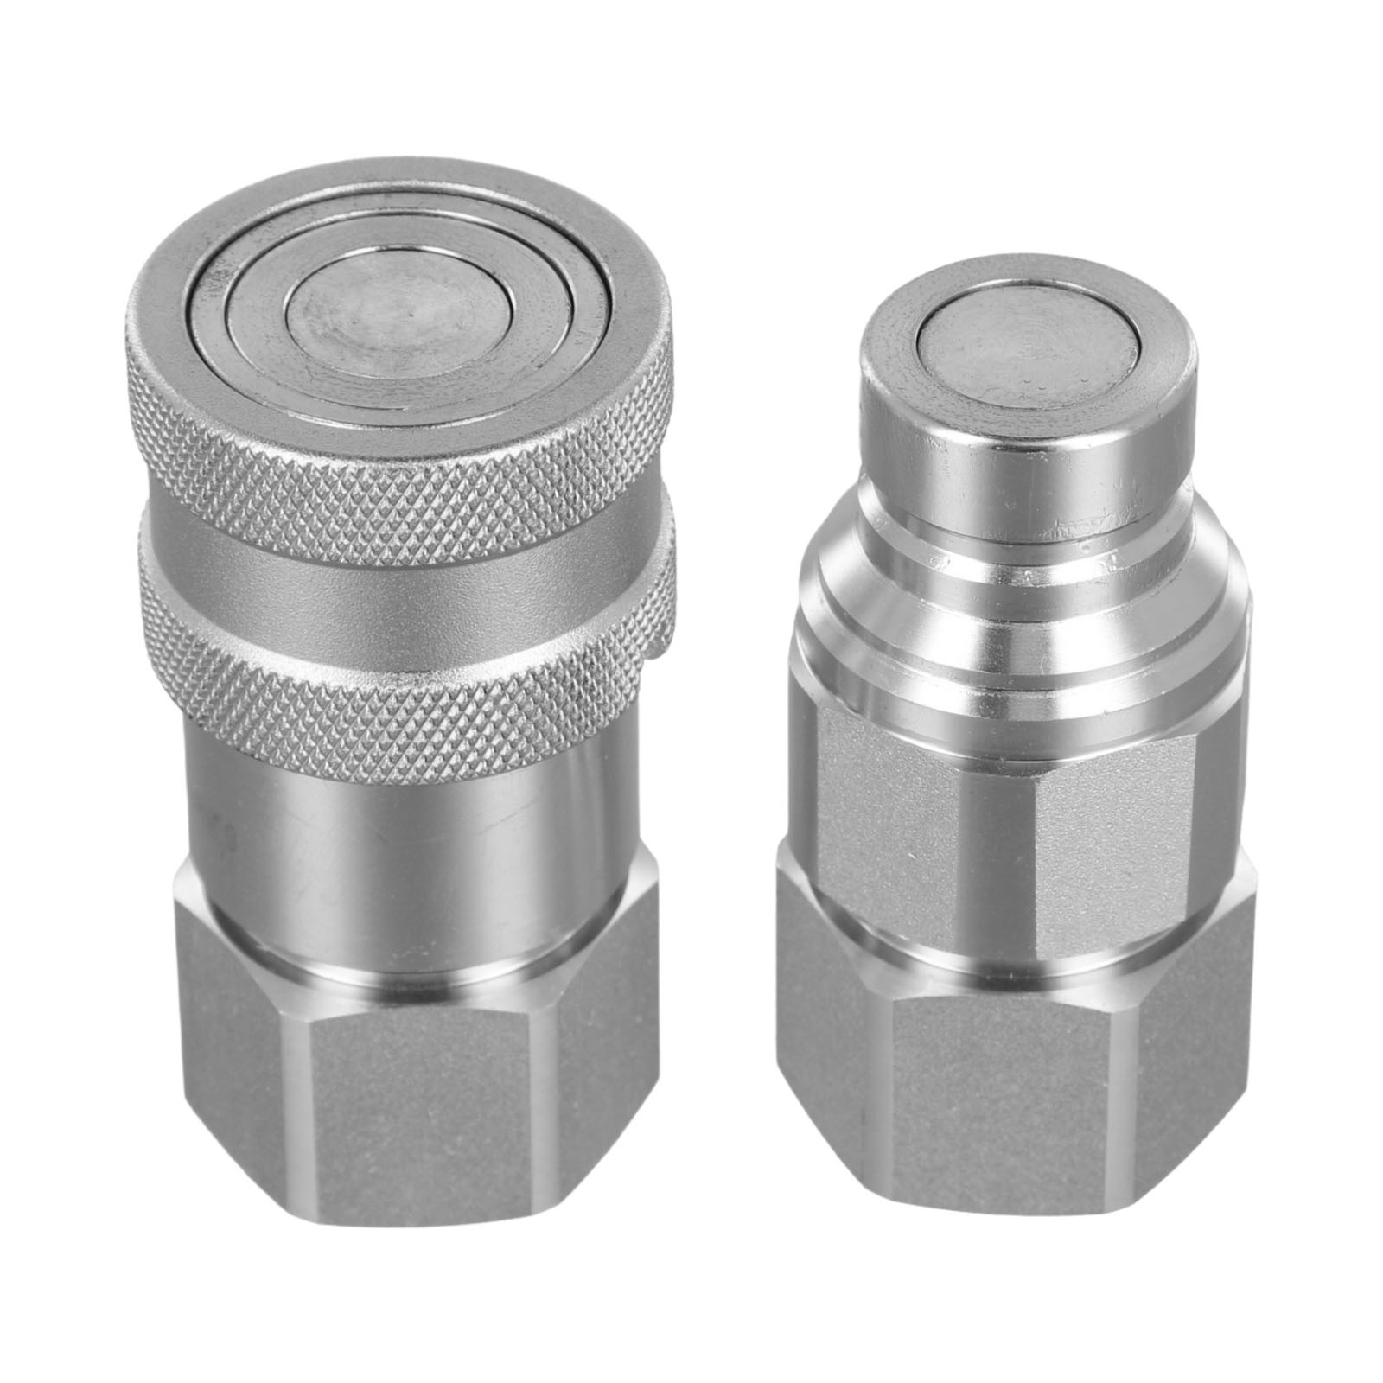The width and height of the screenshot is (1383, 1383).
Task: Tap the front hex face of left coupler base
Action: [424, 1115]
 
